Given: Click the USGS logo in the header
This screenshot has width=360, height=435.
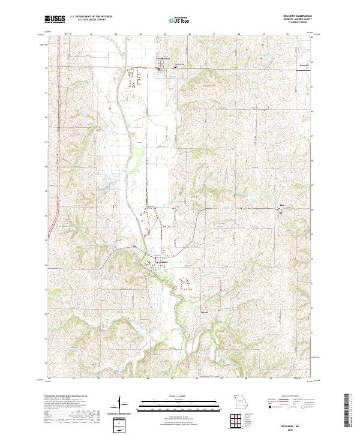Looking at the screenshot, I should tap(56, 19).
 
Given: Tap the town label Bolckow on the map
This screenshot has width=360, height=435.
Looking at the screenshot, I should tap(166, 58).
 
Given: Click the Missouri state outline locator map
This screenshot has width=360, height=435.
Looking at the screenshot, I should tap(239, 401).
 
